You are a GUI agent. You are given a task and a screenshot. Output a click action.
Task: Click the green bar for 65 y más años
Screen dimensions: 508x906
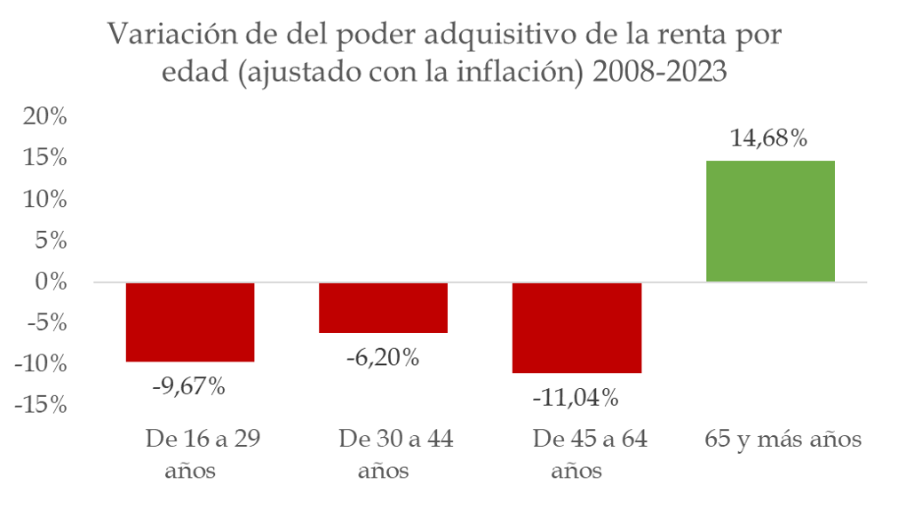point(770,221)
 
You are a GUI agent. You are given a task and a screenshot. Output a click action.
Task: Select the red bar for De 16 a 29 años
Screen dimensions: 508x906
point(190,321)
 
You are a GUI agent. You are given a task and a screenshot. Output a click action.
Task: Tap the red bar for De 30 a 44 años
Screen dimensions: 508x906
point(383,307)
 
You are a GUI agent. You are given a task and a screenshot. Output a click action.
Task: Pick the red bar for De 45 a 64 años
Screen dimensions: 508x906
point(576,328)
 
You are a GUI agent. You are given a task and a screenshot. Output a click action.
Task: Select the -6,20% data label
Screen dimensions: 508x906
point(382,358)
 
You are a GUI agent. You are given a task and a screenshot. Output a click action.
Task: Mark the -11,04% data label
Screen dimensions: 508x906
point(576,398)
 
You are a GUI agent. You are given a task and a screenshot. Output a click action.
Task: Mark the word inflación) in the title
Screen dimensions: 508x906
point(525,73)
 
